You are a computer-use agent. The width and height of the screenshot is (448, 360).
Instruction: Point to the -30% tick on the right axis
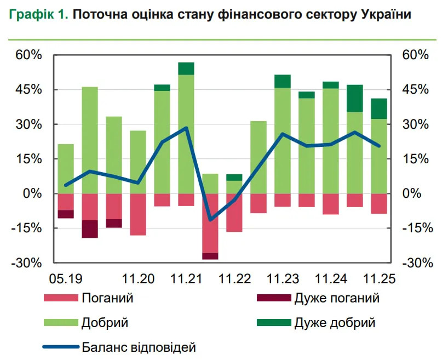pyautogui.click(x=417, y=263)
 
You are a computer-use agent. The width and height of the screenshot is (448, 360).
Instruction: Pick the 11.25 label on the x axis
pyautogui.click(x=379, y=278)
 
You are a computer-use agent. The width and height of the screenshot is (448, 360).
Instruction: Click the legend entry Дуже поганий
pyautogui.click(x=337, y=299)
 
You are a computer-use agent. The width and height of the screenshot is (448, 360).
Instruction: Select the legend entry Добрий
pyautogui.click(x=105, y=323)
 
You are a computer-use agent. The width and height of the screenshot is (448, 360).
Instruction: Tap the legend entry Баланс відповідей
pyautogui.click(x=139, y=347)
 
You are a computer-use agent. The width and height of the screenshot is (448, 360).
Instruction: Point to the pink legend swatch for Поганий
pyautogui.click(x=60, y=299)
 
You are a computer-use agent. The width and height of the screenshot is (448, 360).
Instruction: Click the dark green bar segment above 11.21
pyautogui.click(x=186, y=68)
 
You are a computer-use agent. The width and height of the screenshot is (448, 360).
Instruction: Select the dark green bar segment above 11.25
pyautogui.click(x=379, y=108)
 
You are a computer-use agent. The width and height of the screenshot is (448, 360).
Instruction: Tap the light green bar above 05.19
pyautogui.click(x=66, y=168)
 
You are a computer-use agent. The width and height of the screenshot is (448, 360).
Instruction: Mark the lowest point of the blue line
pyautogui.click(x=210, y=220)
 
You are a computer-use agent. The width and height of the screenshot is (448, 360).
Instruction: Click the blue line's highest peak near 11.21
pyautogui.click(x=186, y=128)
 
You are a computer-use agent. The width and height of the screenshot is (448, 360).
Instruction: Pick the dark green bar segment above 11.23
pyautogui.click(x=283, y=81)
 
